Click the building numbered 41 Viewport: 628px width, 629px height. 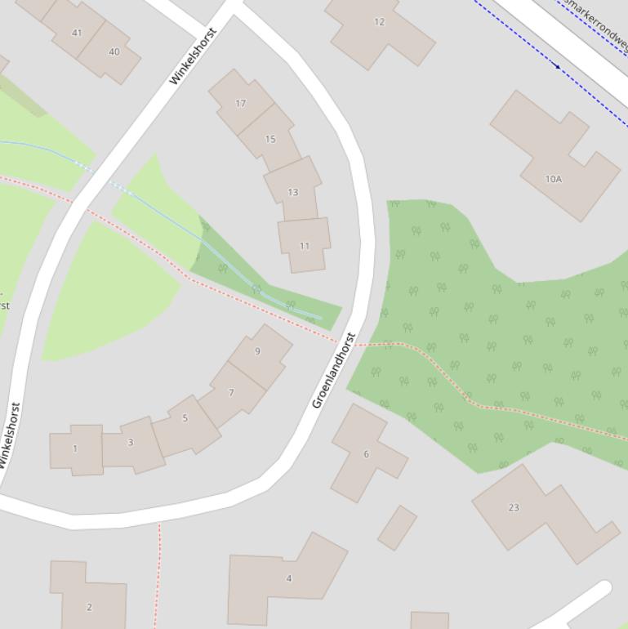point(76,33)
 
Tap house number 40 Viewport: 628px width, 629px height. point(114,51)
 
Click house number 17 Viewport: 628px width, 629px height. point(240,104)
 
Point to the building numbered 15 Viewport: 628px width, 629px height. point(270,139)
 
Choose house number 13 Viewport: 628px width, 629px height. point(292,192)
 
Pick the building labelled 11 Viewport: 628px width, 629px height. point(305,245)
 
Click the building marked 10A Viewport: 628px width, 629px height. point(554,178)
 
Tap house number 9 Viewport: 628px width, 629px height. point(258,352)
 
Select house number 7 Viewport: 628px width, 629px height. point(232,393)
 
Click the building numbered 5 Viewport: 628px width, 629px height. point(185,418)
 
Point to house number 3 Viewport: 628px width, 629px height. point(131,443)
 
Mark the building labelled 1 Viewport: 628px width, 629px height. point(76,448)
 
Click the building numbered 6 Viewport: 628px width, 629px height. point(366,453)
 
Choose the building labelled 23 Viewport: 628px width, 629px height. point(514,507)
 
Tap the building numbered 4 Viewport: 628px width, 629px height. point(288,578)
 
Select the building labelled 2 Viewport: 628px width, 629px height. point(89,606)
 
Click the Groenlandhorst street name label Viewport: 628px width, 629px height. point(334,370)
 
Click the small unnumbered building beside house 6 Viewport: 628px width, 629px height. point(397,527)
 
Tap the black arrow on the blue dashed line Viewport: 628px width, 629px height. point(558,66)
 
